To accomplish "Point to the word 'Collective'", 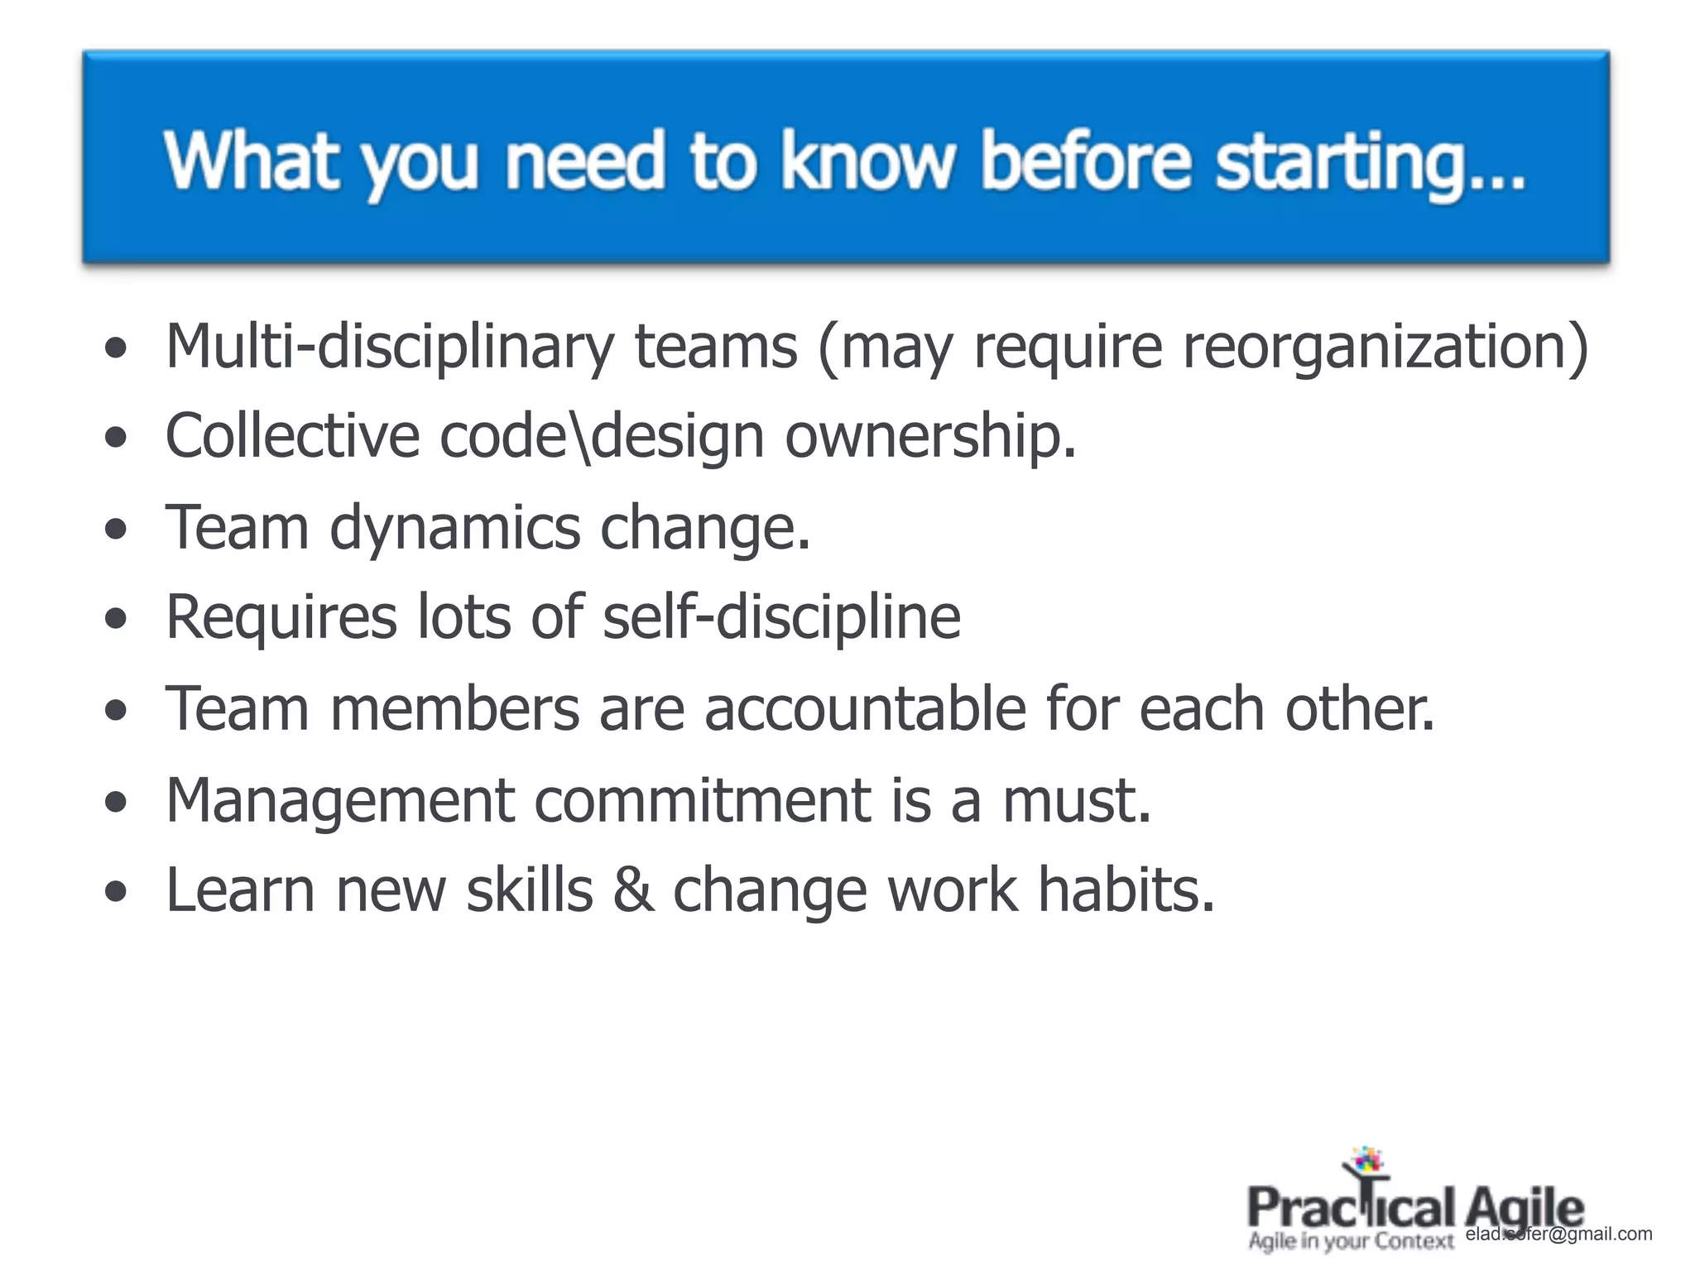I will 292,436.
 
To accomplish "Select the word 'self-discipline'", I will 781,618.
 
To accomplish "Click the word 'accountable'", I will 865,709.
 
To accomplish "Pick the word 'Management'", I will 340,802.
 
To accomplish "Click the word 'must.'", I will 1076,800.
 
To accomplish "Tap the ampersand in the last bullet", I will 633,891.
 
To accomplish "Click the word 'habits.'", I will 1126,891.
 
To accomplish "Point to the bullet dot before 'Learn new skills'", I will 117,892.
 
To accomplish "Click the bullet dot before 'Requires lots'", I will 117,618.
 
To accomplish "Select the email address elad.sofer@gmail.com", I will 1558,1234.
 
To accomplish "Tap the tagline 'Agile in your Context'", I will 1351,1241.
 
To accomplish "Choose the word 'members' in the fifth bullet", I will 454,709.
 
